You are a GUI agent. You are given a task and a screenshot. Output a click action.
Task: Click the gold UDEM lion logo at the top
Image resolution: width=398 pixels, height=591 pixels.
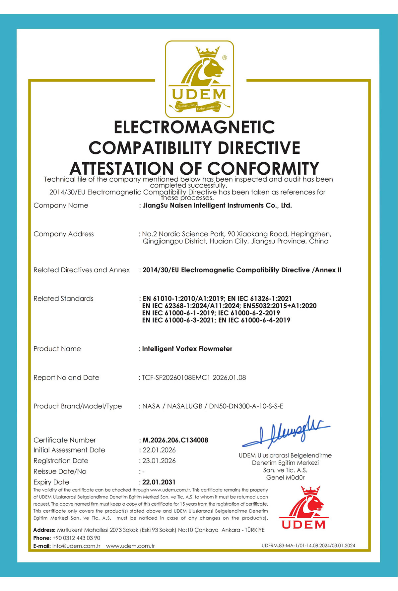pyautogui.click(x=199, y=79)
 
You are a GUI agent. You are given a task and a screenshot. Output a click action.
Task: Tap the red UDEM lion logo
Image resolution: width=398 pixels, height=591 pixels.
pyautogui.click(x=304, y=508)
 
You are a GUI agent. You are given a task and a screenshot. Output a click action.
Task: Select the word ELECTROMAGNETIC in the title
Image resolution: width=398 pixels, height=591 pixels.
pyautogui.click(x=194, y=127)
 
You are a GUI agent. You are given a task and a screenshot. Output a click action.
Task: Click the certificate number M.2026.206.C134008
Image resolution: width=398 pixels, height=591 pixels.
pyautogui.click(x=175, y=440)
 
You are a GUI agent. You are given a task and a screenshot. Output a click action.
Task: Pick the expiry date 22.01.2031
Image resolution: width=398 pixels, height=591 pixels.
pyautogui.click(x=159, y=482)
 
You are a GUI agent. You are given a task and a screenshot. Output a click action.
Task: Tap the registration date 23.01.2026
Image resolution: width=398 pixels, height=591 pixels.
pyautogui.click(x=159, y=461)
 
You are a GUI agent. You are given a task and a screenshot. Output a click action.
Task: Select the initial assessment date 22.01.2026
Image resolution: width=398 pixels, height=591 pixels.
pyautogui.click(x=159, y=450)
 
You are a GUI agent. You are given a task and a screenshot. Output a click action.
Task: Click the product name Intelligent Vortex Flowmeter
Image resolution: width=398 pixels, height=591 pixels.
pyautogui.click(x=187, y=349)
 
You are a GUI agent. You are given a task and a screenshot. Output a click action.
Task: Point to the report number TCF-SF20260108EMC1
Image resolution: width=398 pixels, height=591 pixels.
pyautogui.click(x=176, y=378)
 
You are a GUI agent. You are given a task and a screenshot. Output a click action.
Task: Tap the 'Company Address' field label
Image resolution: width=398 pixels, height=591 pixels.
pyautogui.click(x=64, y=234)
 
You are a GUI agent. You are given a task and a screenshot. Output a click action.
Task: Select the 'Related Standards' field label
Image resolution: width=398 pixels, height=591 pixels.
pyautogui.click(x=63, y=298)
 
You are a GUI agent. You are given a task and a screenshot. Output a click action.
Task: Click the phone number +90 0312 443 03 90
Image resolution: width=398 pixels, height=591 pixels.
pyautogui.click(x=76, y=538)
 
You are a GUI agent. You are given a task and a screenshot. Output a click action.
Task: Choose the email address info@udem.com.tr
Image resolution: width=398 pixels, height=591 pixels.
pyautogui.click(x=76, y=546)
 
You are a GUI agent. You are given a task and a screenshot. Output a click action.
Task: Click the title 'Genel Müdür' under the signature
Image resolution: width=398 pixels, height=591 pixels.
pyautogui.click(x=285, y=477)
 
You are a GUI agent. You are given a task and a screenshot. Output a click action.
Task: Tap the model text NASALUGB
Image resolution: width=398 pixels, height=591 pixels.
pyautogui.click(x=184, y=406)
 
